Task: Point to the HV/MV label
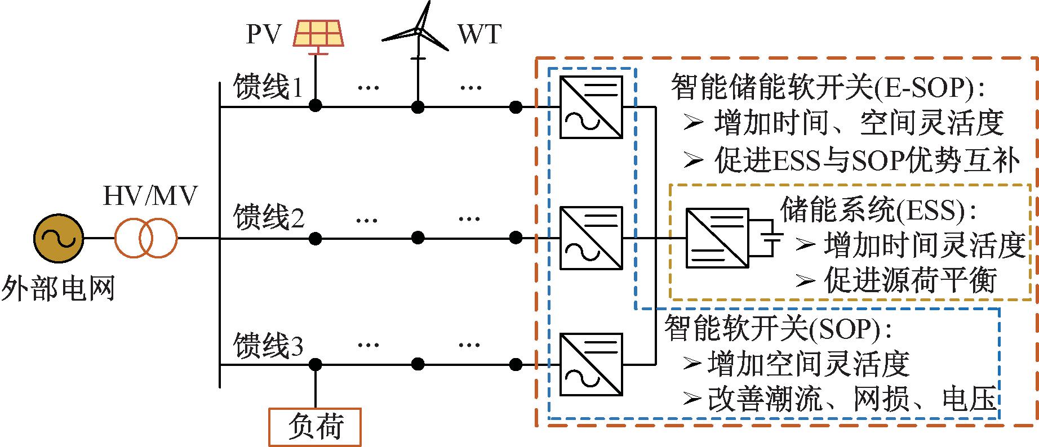pyautogui.click(x=150, y=196)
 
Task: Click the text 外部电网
pyautogui.click(x=57, y=289)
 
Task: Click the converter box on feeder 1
pyautogui.click(x=590, y=107)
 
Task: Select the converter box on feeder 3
pyautogui.click(x=590, y=365)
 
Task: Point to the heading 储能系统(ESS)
pyautogui.click(x=879, y=210)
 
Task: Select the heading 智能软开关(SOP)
pyautogui.click(x=778, y=329)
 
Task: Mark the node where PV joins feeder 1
pyautogui.click(x=316, y=106)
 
